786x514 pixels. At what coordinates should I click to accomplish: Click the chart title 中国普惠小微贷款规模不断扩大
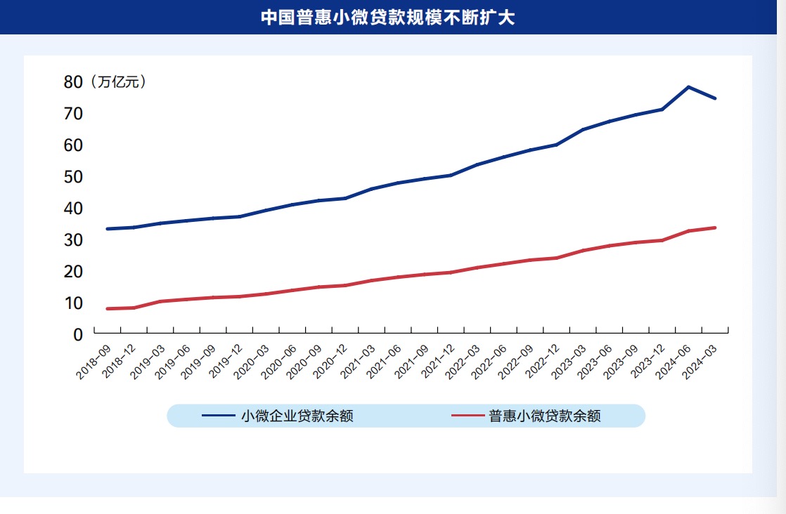pos(387,18)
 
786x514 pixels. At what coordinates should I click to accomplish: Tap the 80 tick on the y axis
pos(73,82)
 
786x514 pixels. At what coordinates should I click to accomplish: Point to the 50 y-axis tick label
pos(73,176)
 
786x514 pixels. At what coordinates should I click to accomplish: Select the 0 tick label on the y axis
pos(78,335)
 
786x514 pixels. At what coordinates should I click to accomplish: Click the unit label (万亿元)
pos(118,82)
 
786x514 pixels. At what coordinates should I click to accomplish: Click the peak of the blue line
pos(688,87)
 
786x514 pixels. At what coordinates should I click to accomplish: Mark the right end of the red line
pos(715,228)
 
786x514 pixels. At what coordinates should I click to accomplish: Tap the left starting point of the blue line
pos(107,229)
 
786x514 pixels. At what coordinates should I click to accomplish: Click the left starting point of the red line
pos(107,309)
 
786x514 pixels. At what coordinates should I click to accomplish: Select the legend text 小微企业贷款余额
pos(297,416)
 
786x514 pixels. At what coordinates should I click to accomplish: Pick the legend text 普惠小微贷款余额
pos(545,416)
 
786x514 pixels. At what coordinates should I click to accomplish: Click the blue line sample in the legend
pos(218,416)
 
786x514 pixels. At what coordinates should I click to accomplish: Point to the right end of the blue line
pos(715,98)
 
